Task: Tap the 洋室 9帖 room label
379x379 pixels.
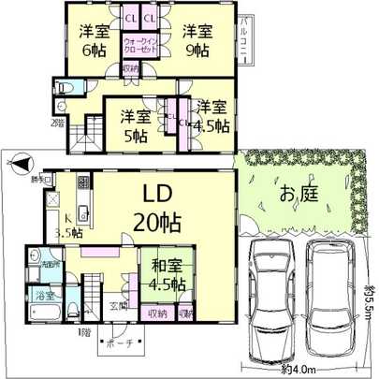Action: click(x=195, y=37)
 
